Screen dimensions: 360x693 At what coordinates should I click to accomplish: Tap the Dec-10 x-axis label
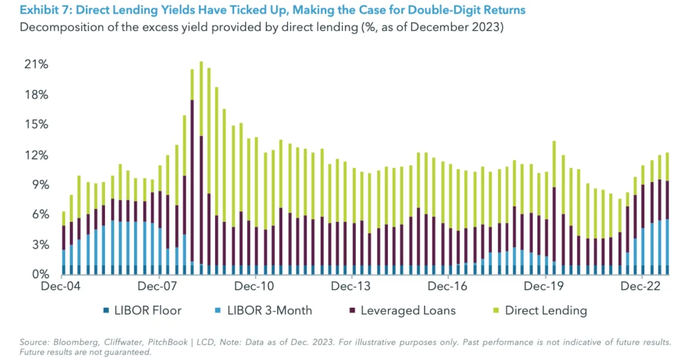pyautogui.click(x=256, y=287)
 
